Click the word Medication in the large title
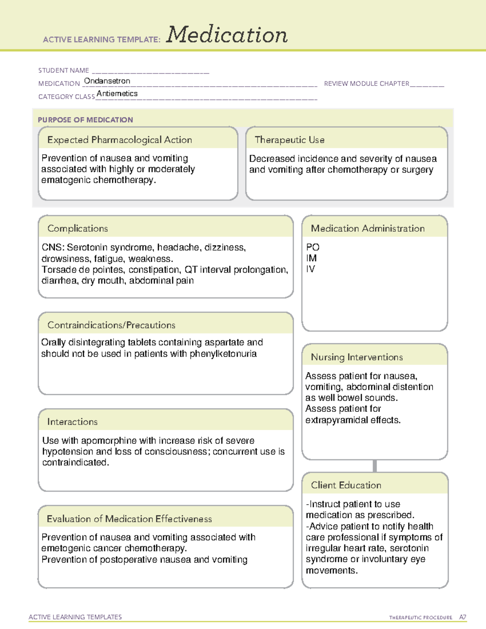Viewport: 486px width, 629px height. point(227,35)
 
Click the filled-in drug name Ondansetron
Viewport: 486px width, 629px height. point(107,81)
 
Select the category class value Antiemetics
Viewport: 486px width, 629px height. point(117,94)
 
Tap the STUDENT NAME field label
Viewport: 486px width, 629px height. point(64,70)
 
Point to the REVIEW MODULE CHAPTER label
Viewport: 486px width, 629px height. point(367,83)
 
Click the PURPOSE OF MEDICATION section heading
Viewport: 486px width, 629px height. point(85,120)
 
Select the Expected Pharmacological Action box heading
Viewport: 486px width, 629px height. point(119,140)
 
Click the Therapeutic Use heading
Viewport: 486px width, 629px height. point(290,140)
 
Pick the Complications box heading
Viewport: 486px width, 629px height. point(78,228)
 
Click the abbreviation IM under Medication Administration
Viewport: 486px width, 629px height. point(311,258)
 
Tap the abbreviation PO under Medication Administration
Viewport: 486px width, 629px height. point(313,247)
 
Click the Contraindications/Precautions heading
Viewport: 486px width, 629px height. point(111,325)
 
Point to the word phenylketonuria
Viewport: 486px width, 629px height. point(223,354)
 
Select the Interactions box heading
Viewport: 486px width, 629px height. point(72,422)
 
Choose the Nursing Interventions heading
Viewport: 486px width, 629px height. point(357,357)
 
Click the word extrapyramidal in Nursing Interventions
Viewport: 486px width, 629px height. point(336,420)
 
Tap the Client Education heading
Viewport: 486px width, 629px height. point(346,485)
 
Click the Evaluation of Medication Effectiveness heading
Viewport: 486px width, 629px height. point(129,519)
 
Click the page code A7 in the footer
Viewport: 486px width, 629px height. point(463,617)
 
